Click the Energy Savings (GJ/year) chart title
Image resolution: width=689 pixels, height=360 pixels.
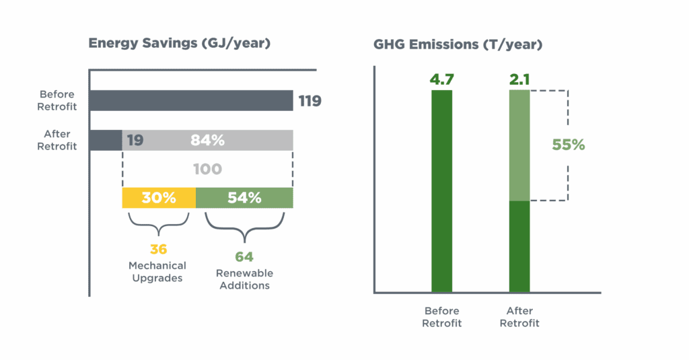(x=180, y=44)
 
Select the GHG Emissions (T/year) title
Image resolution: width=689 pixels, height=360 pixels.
(x=458, y=46)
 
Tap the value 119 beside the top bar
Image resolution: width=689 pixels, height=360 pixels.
(x=310, y=102)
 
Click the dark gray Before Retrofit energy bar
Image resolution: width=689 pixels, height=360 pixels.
(x=190, y=100)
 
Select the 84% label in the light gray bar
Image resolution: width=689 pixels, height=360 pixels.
(x=207, y=140)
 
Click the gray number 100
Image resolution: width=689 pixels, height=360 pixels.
(x=207, y=169)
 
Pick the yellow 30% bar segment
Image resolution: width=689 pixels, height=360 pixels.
(x=159, y=198)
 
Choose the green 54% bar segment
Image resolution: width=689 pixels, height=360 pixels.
(x=244, y=198)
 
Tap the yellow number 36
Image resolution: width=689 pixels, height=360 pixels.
(x=159, y=249)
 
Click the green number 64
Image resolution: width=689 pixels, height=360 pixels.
(x=243, y=256)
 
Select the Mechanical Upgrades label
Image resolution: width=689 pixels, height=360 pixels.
(x=159, y=272)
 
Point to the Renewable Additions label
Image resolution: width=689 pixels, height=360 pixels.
(x=243, y=279)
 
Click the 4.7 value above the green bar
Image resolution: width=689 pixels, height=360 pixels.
(x=441, y=80)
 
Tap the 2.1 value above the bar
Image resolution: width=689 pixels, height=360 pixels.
(x=519, y=80)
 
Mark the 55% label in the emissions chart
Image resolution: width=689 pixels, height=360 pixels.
(x=569, y=145)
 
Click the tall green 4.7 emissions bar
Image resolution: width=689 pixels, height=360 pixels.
(x=441, y=192)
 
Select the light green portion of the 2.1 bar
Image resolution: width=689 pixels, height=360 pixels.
(x=519, y=145)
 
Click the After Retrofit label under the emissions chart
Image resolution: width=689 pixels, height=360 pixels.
(x=520, y=317)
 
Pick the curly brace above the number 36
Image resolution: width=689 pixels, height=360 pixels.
(x=159, y=221)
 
